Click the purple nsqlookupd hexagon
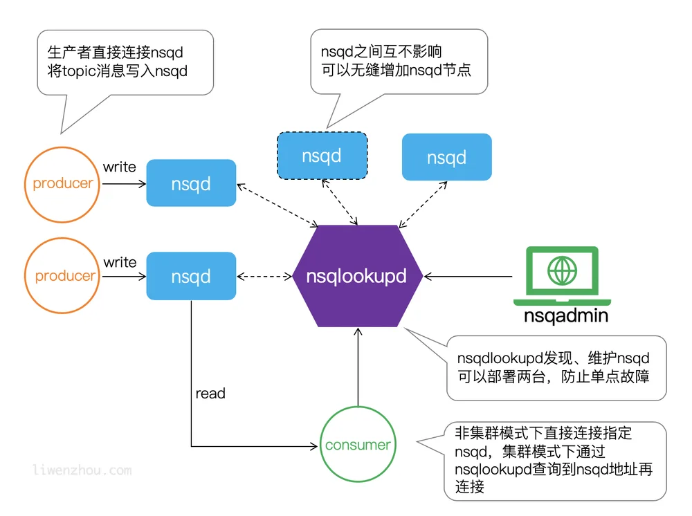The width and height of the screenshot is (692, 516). (x=358, y=276)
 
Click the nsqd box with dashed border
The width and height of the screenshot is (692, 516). (x=322, y=156)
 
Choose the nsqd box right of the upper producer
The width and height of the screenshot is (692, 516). (x=191, y=183)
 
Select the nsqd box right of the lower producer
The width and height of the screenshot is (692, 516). (x=191, y=276)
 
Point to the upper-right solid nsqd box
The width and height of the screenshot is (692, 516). (x=446, y=157)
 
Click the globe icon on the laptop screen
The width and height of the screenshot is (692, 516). (x=562, y=270)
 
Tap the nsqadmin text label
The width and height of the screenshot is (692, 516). (x=566, y=316)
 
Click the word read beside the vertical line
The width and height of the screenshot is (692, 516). (x=210, y=394)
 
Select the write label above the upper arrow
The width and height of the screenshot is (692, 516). (x=119, y=167)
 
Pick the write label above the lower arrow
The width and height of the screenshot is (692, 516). (x=120, y=262)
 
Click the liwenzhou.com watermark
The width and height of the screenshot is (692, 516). (x=82, y=470)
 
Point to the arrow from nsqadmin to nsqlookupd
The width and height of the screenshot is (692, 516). (x=468, y=277)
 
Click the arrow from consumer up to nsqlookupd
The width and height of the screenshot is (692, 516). (x=358, y=367)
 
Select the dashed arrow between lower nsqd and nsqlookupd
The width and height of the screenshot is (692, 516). (x=264, y=277)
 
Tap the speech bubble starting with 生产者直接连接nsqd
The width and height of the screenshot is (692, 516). (x=125, y=63)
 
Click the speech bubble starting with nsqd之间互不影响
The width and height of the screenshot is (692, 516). (x=399, y=62)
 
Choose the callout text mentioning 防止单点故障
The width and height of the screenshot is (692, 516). (x=554, y=367)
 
